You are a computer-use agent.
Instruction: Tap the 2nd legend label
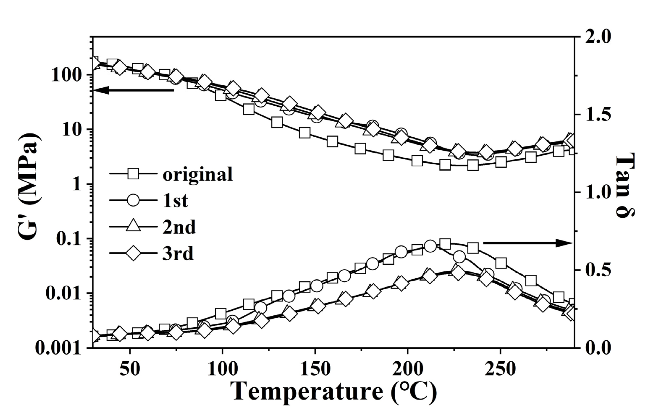coord(179,227)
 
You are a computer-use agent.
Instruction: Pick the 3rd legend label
coord(178,254)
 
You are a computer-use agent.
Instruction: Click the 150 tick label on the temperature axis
coord(315,369)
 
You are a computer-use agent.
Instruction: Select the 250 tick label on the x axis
coord(500,369)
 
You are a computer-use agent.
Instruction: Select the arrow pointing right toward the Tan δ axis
coord(527,243)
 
